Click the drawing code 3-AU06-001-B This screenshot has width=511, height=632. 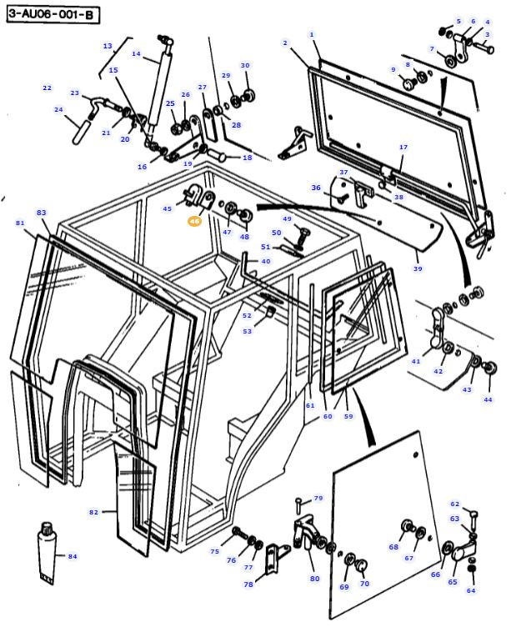coord(51,14)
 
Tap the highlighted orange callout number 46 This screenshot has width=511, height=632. coord(194,222)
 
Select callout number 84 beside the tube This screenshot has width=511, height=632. coord(72,556)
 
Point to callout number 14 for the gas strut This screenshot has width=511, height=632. coord(136,54)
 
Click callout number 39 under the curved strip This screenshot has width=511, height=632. coord(418,269)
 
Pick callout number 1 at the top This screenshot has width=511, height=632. coord(312,34)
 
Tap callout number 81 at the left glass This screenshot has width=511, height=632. coord(20,223)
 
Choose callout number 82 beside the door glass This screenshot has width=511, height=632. coord(93,511)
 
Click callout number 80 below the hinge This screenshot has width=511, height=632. coord(314,578)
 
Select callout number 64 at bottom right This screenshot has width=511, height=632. coord(470,591)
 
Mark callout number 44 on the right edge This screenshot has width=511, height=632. coord(488,399)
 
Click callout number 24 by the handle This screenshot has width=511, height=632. coord(58,109)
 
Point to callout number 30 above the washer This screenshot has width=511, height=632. coord(245,65)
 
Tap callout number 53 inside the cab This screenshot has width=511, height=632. coord(247,331)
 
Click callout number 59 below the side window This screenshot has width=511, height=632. coord(348,416)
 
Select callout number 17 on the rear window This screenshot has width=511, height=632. coord(403,148)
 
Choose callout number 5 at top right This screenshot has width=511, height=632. coord(458,22)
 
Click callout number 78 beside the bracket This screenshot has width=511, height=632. coord(248,585)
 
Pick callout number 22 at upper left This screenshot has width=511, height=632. coord(47,88)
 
